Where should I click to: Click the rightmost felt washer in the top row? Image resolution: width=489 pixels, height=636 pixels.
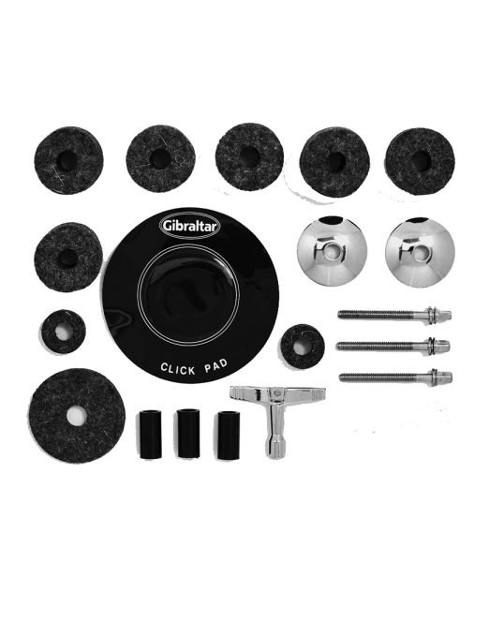pos(419,155)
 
